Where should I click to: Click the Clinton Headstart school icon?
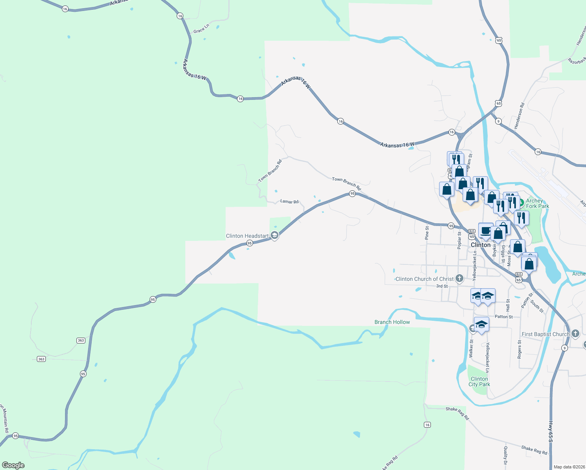[x=275, y=235]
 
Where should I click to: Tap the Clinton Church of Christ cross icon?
[x=459, y=278]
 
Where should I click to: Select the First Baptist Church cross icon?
[x=575, y=334]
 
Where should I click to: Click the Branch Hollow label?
[x=392, y=322]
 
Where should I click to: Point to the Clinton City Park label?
[x=479, y=381]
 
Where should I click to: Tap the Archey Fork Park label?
[x=537, y=203]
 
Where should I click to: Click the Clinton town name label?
[x=481, y=245]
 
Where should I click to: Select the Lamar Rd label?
[x=289, y=201]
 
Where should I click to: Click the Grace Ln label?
[x=201, y=29]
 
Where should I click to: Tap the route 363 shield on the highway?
[x=81, y=340]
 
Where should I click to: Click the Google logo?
[x=13, y=465]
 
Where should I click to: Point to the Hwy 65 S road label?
[x=550, y=432]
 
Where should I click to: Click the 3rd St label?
[x=442, y=286]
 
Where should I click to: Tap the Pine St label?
[x=427, y=233]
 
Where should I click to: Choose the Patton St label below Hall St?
[x=504, y=316]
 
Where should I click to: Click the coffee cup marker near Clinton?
[x=486, y=230]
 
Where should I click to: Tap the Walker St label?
[x=471, y=349]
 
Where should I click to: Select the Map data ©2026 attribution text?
[x=568, y=467]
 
